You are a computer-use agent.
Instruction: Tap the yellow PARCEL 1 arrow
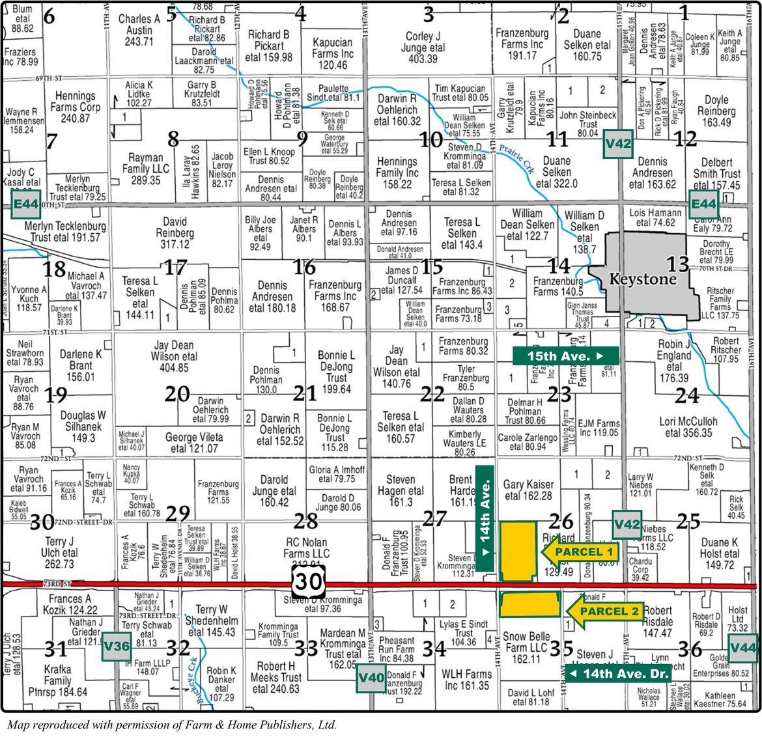coord(579,552)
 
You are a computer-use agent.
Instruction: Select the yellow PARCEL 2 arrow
coord(604,611)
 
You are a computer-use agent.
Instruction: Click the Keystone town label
coord(642,279)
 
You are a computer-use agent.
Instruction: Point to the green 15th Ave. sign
coord(565,356)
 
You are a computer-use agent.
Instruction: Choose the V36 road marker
coord(117,647)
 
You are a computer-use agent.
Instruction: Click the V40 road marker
coord(372,678)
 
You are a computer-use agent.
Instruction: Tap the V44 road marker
coord(743,647)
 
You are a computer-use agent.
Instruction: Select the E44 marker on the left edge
coord(26,204)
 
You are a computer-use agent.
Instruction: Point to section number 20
coord(176,394)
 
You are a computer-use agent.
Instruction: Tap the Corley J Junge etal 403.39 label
coord(423,48)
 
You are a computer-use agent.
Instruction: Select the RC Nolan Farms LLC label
coord(306,548)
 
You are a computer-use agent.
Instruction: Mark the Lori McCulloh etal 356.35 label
coord(688,427)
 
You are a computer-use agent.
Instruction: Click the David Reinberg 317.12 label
coord(175,233)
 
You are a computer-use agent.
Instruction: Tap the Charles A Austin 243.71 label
coord(139,30)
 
